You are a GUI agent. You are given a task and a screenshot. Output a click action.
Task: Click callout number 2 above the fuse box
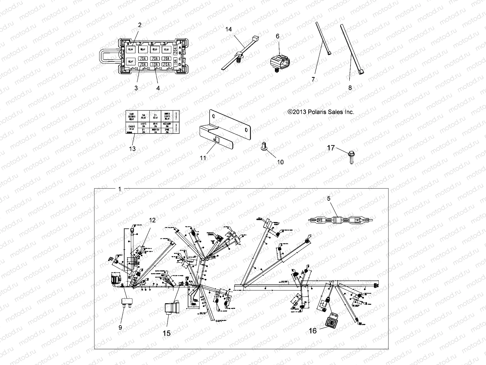tap(140, 25)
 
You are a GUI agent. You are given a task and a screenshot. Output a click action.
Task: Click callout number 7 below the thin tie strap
tap(313, 80)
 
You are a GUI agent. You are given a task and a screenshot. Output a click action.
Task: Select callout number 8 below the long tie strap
tap(350, 88)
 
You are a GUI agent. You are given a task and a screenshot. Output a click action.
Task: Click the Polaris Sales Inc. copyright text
tap(321, 112)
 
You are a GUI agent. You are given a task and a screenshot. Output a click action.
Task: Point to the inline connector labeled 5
tap(340, 220)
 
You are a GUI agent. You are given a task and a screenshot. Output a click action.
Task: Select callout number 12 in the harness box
tap(152, 220)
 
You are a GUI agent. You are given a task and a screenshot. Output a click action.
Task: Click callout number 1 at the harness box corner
tap(119, 189)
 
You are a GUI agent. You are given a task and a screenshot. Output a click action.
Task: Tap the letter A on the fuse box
tap(180, 48)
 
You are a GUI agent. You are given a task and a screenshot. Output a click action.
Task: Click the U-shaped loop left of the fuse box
tap(108, 56)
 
